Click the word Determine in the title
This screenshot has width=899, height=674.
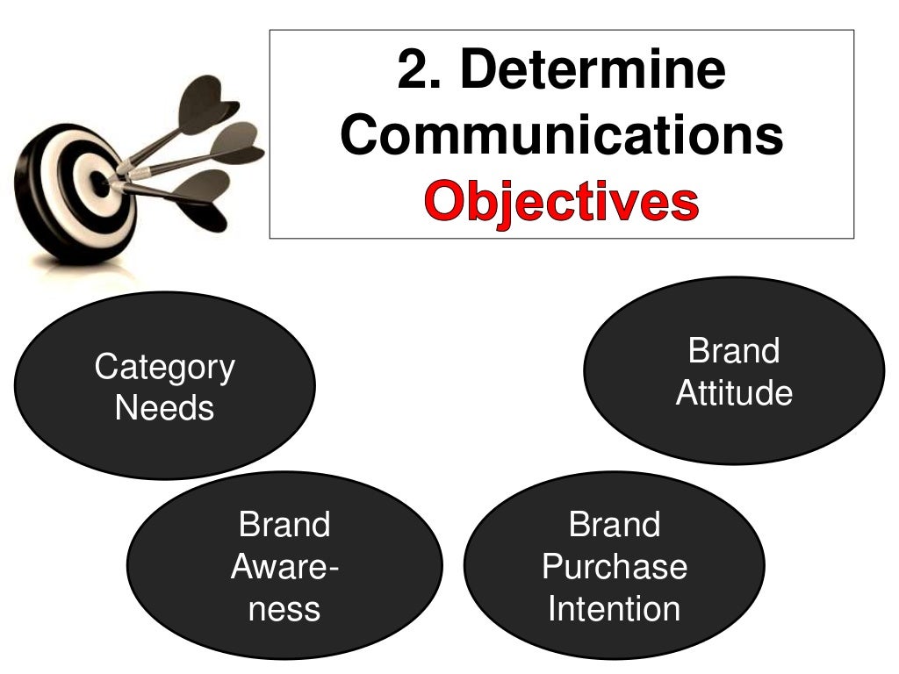(x=593, y=72)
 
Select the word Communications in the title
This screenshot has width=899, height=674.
(x=562, y=137)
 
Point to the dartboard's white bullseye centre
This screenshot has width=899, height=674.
(x=102, y=185)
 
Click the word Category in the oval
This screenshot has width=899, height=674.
(x=164, y=367)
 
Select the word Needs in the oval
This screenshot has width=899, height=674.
(x=164, y=408)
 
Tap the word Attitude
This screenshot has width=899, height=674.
(x=734, y=393)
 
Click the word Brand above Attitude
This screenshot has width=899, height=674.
(x=734, y=351)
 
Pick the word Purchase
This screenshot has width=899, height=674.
(x=615, y=567)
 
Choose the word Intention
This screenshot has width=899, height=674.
(x=615, y=609)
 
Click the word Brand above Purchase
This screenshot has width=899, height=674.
(x=615, y=525)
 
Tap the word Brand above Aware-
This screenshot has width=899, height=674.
(x=284, y=525)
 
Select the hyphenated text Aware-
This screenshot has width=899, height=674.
(x=284, y=567)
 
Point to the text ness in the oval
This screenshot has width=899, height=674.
(x=284, y=609)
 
